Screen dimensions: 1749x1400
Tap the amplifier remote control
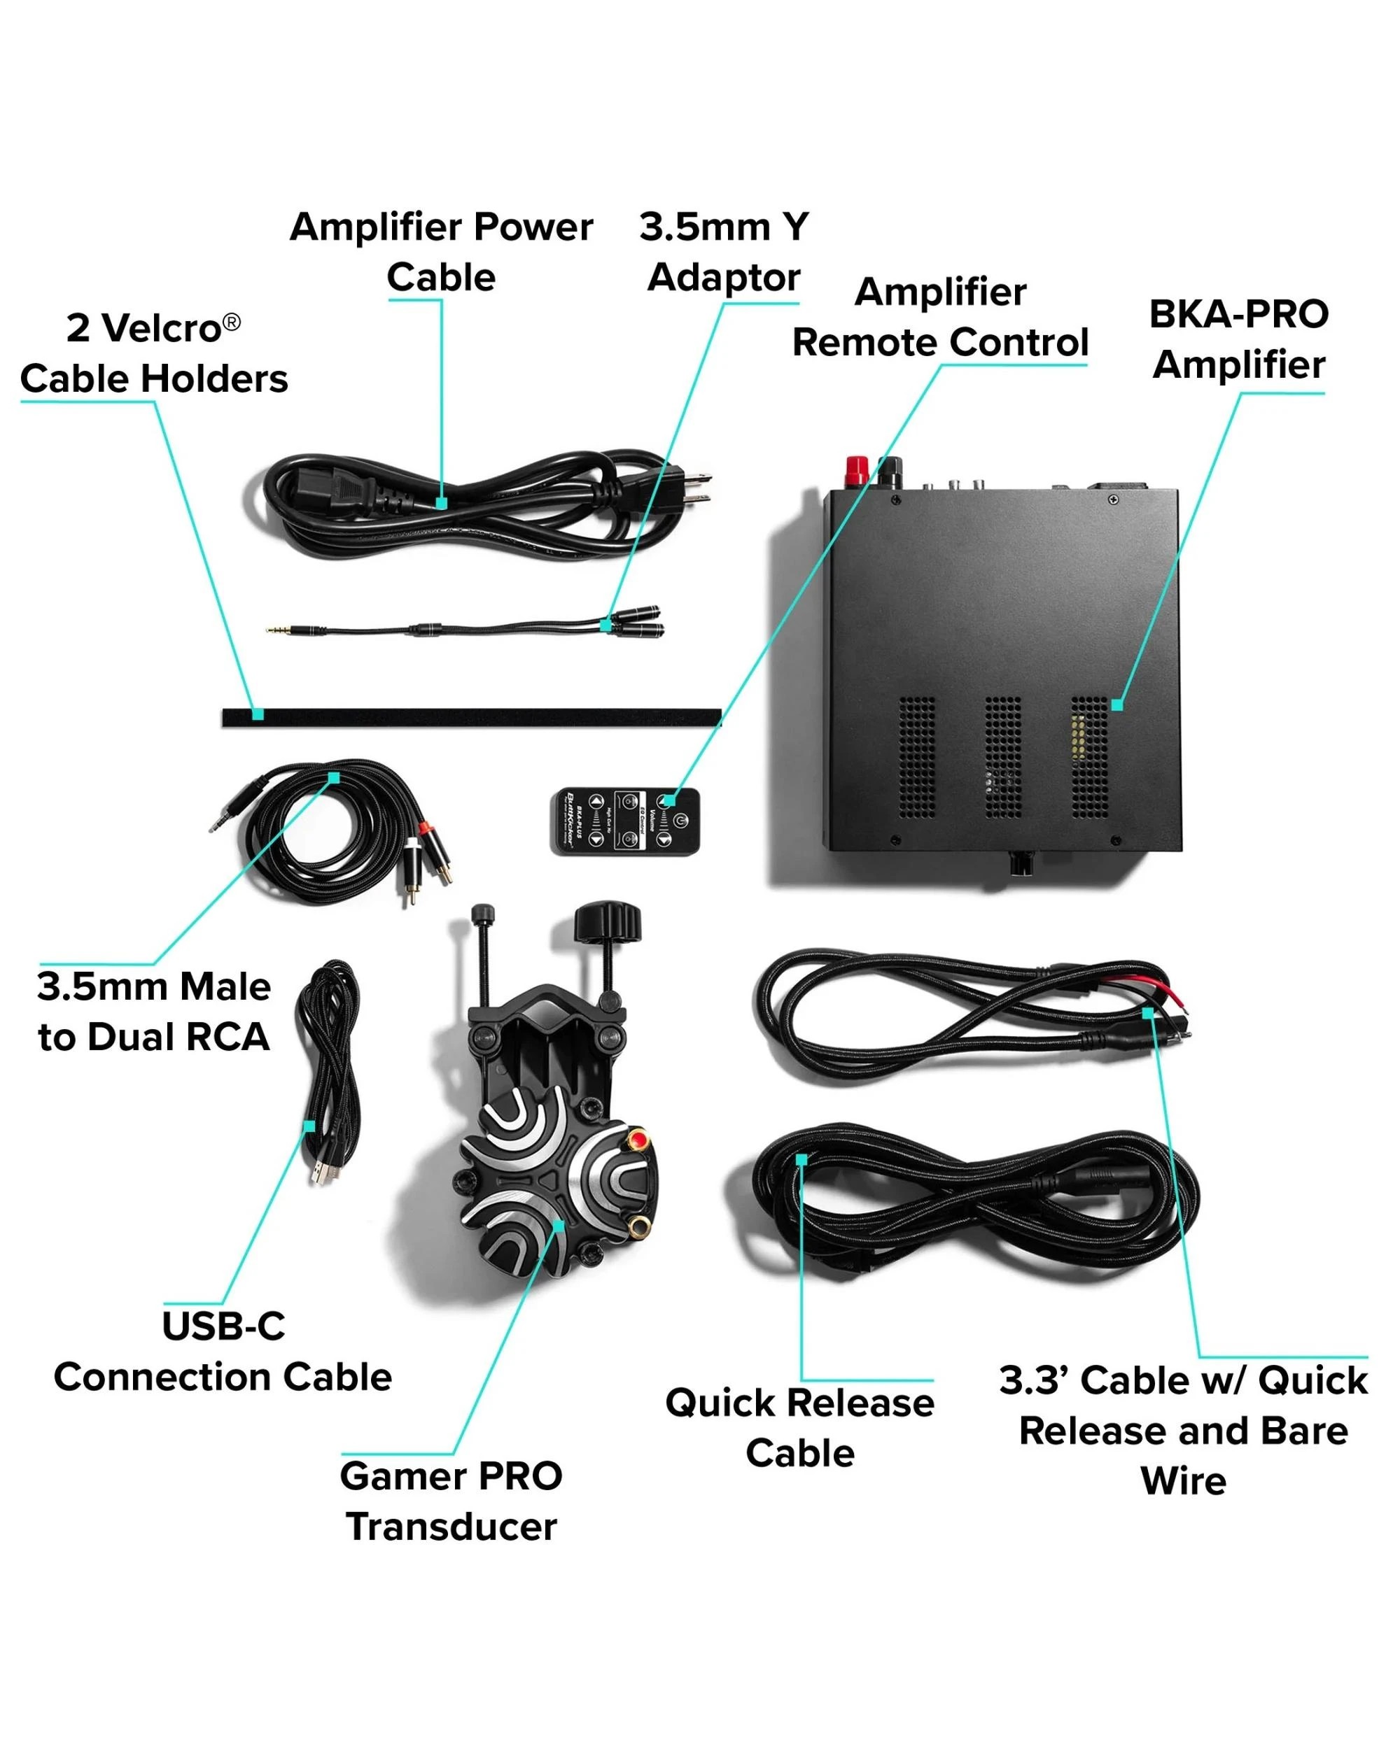tap(625, 820)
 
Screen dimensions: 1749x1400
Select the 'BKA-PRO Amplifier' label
tap(1238, 339)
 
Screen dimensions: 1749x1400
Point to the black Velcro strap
tap(470, 717)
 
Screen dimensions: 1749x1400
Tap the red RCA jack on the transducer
tap(638, 1142)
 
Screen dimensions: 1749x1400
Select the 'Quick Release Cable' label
tap(799, 1428)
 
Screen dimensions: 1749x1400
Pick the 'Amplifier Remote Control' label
tap(940, 317)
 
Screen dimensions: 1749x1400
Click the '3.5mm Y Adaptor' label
tap(724, 251)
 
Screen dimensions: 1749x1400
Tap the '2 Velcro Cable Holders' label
tap(153, 354)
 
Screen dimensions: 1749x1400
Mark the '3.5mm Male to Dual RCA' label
tap(153, 1012)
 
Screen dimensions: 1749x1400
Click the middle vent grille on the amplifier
tap(1002, 757)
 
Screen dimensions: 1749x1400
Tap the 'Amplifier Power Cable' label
tap(441, 251)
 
